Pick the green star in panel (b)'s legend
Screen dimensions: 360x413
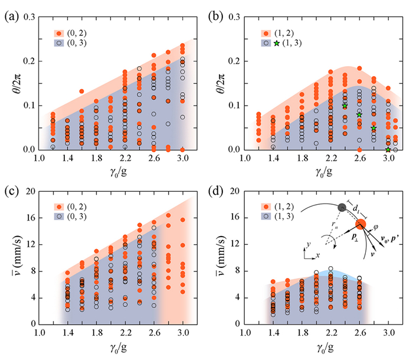(x=277, y=43)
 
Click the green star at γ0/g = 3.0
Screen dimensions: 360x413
(x=388, y=149)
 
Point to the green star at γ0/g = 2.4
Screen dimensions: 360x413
(x=345, y=106)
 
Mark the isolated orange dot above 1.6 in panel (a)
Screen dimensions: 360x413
(x=81, y=91)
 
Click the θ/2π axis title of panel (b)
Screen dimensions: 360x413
(x=223, y=83)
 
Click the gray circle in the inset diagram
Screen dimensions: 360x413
(x=341, y=207)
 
